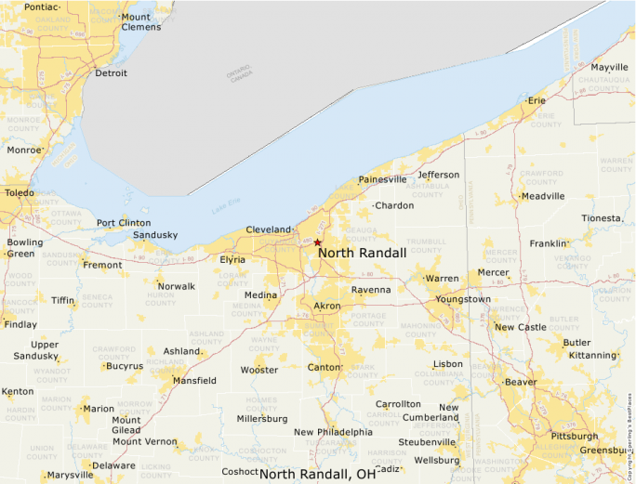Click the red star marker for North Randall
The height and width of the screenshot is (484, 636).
(317, 242)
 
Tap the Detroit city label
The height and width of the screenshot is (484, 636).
(111, 73)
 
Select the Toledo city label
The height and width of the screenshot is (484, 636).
(19, 194)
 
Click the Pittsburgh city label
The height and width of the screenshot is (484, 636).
(575, 435)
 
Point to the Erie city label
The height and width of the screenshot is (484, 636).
(537, 100)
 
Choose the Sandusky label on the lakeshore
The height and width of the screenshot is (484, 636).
(154, 235)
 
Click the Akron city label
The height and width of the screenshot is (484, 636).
(327, 306)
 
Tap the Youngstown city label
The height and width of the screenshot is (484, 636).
(463, 299)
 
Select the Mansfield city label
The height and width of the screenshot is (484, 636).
(195, 381)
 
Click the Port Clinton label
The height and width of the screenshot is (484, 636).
(124, 223)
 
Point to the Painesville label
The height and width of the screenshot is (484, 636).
(383, 179)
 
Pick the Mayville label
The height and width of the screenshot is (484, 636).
(610, 68)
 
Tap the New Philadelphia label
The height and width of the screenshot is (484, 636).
(333, 432)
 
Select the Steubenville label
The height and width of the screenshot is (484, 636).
(427, 442)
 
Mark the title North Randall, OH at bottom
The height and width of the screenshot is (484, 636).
(318, 474)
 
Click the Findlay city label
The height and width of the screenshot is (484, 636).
(21, 325)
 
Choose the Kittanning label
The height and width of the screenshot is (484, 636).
(592, 356)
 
